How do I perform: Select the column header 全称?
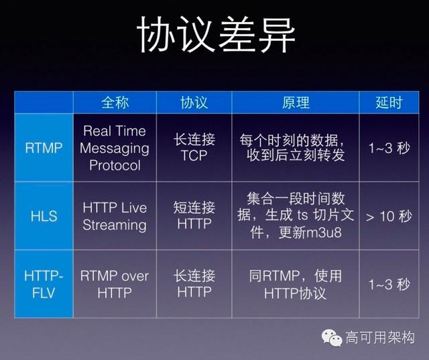(x=115, y=102)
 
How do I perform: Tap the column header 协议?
(x=194, y=102)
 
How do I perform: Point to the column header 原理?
(x=295, y=102)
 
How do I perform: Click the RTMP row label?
(x=44, y=147)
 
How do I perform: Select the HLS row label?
(x=44, y=216)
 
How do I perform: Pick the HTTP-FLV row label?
(x=44, y=284)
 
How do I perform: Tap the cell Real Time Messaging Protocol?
(x=115, y=147)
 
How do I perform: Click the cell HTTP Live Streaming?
(x=115, y=216)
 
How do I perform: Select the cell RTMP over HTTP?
(x=115, y=284)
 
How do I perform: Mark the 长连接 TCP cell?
(x=194, y=147)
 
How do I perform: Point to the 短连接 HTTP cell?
(x=194, y=216)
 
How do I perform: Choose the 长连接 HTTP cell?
(x=194, y=284)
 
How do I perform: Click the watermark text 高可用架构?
(x=380, y=339)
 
